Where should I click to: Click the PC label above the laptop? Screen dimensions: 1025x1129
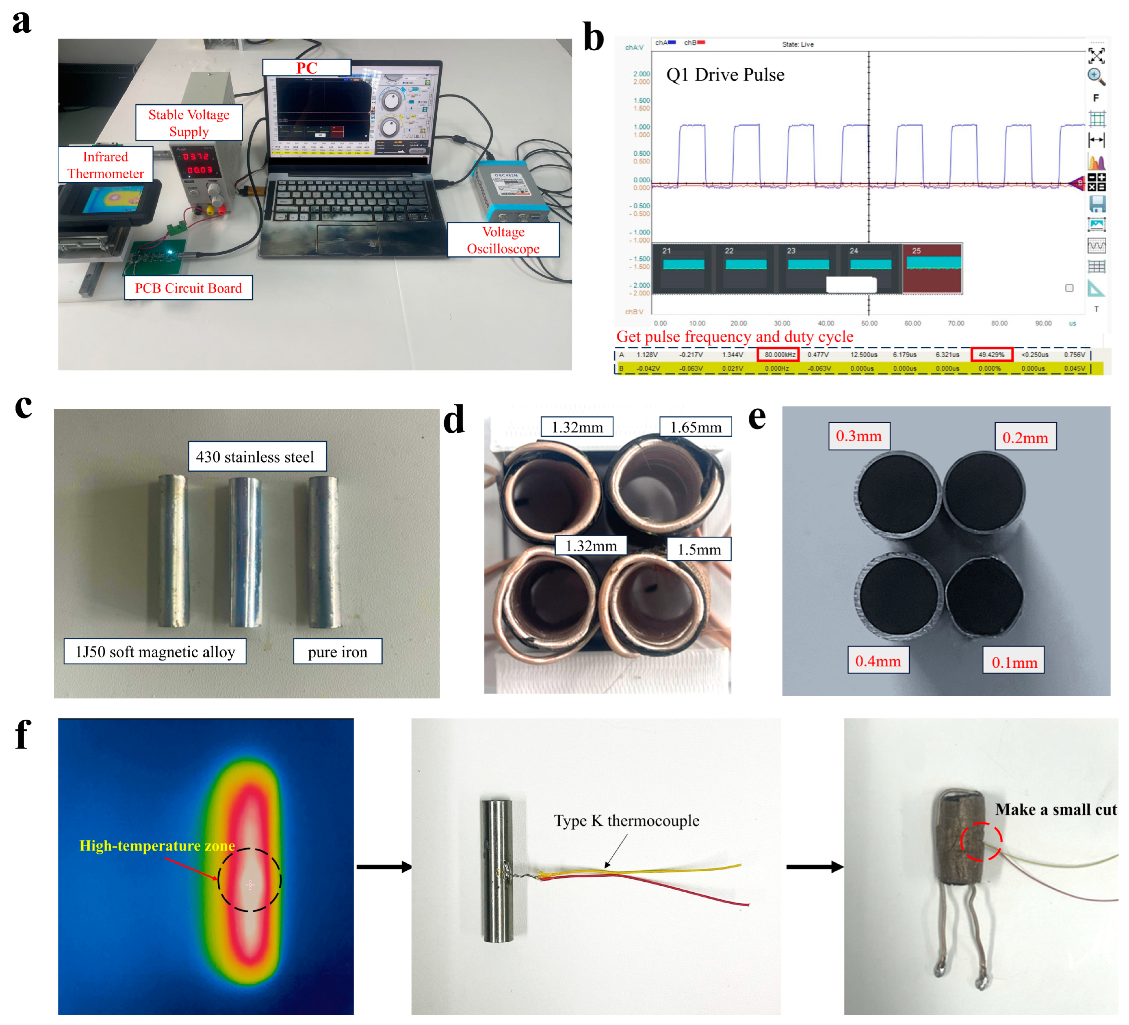307,68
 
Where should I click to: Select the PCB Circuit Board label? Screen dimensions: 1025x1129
188,288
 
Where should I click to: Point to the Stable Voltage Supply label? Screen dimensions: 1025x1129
189,123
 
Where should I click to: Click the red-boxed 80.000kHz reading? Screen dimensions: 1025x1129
778,355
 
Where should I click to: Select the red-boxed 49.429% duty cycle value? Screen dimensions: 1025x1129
991,355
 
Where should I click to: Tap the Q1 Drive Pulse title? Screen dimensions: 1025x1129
725,75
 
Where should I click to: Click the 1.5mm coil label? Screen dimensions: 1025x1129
699,549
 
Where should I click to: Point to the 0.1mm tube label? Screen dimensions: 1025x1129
1014,662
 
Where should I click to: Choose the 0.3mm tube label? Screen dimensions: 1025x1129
859,436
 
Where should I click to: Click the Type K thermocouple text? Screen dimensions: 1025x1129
627,821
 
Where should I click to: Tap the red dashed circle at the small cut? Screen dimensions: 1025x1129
981,841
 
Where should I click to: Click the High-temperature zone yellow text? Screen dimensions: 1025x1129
157,845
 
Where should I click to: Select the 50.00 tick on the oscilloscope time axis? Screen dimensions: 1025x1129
869,323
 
